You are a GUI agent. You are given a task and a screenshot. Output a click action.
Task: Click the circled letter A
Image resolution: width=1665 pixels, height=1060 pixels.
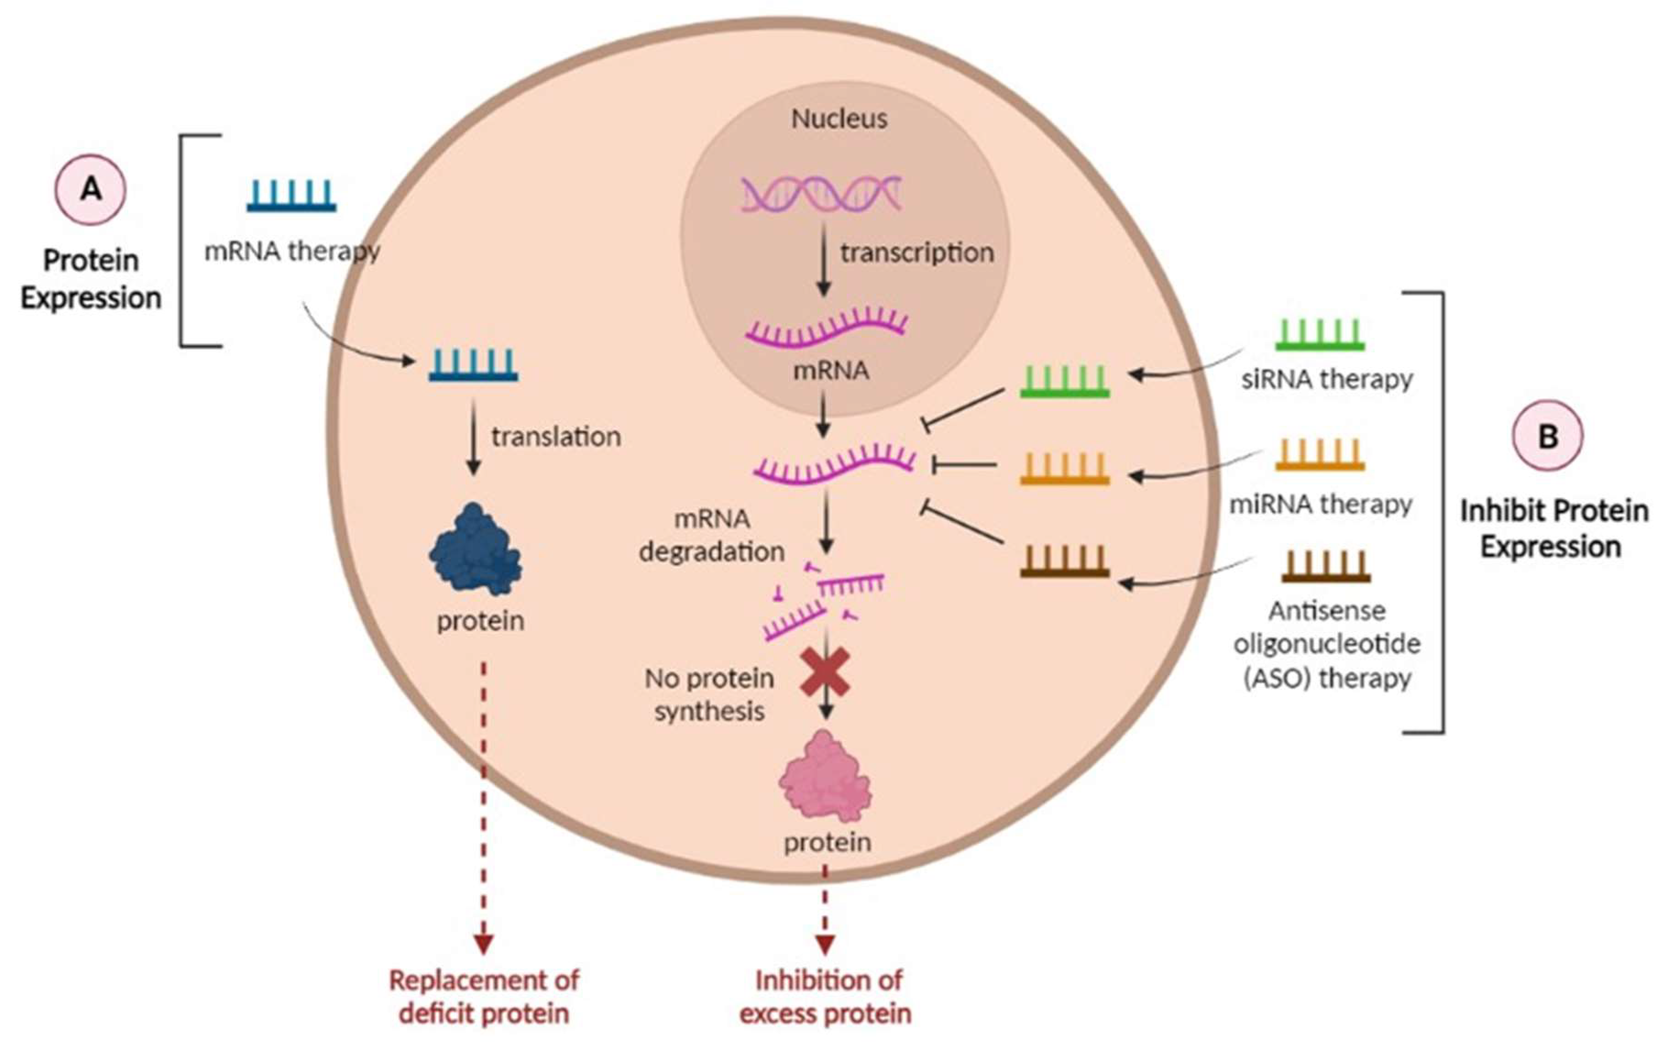click(x=91, y=189)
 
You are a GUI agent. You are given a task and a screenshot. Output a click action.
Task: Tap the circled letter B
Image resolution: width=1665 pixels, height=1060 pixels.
click(x=1547, y=436)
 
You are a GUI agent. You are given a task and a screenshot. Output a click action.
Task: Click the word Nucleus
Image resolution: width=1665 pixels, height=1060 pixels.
click(x=839, y=119)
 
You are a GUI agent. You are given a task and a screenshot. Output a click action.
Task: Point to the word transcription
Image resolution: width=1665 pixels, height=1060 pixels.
click(x=917, y=253)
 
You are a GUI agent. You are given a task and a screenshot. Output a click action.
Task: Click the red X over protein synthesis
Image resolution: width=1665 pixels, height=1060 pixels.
click(x=825, y=672)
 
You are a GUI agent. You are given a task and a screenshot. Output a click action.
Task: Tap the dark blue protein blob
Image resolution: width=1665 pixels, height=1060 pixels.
click(x=476, y=550)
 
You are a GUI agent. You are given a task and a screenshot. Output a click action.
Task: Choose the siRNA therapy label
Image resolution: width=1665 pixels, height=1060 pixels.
click(x=1326, y=379)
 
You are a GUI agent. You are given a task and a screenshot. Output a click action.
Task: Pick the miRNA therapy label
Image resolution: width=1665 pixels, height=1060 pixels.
click(x=1320, y=504)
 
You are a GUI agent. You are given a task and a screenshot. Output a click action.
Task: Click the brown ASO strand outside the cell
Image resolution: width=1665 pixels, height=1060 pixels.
click(x=1325, y=567)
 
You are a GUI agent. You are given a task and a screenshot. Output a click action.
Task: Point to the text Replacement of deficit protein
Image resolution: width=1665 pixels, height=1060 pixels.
click(x=483, y=996)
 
